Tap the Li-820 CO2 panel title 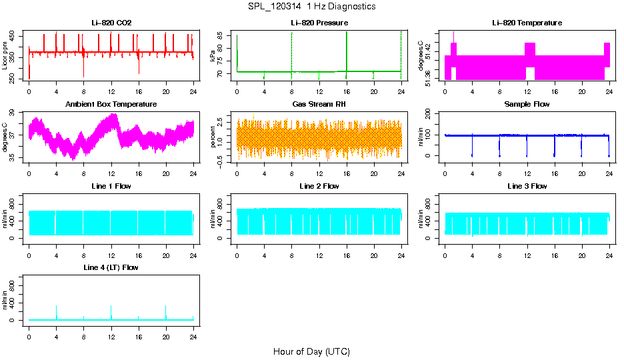click(111, 23)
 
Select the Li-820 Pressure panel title click(319, 23)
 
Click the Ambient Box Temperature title click(111, 104)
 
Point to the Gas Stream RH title click(319, 104)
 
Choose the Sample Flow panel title click(527, 104)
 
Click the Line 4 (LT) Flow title click(111, 267)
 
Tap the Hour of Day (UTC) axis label click(311, 351)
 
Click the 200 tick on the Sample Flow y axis click(430, 114)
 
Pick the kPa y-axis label click(213, 56)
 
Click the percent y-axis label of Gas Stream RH click(213, 138)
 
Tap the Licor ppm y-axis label click(5, 56)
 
